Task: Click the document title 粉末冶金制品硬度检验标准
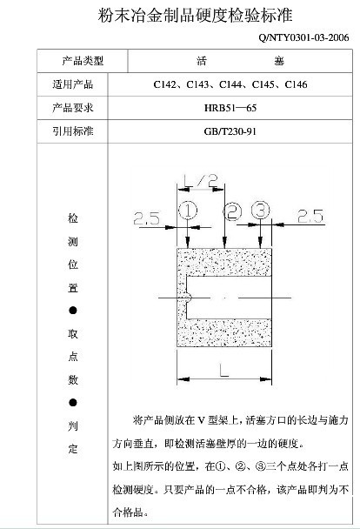[x=195, y=16]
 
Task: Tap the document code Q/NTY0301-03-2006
[x=303, y=37]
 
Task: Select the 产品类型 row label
[x=83, y=61]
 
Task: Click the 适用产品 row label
[x=73, y=84]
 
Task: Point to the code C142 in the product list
[x=165, y=84]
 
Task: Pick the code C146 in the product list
[x=296, y=84]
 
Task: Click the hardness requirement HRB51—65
[x=230, y=108]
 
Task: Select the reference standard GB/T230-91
[x=230, y=131]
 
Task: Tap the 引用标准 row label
[x=73, y=131]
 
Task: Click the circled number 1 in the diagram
[x=188, y=211]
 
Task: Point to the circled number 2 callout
[x=232, y=212]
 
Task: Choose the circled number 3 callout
[x=261, y=211]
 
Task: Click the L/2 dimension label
[x=201, y=180]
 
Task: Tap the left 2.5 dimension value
[x=146, y=218]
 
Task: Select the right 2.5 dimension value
[x=310, y=216]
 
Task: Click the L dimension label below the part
[x=223, y=370]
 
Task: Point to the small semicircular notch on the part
[x=190, y=298]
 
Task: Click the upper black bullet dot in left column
[x=73, y=311]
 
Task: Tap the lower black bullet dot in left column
[x=73, y=403]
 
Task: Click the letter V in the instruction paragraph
[x=201, y=420]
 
